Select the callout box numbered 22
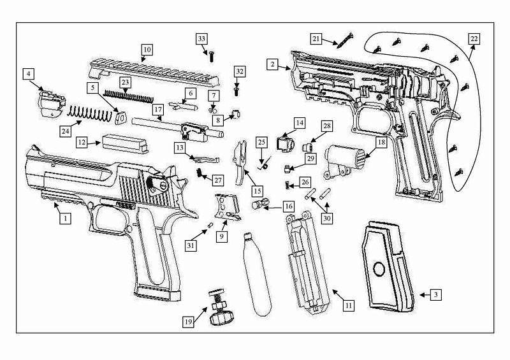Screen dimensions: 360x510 (472, 38)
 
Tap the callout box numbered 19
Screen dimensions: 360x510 (189, 322)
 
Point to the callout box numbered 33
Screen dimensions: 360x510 (202, 39)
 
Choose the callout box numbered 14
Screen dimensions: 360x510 (299, 123)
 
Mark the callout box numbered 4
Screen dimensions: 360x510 (29, 74)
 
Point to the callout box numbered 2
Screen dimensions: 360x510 (272, 64)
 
